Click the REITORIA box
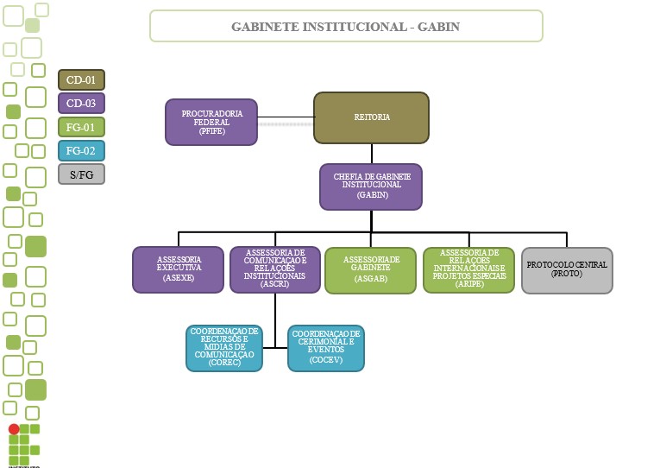point(371,117)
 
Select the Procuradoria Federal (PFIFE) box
point(211,122)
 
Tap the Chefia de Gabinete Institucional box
point(371,187)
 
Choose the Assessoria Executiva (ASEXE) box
point(178,269)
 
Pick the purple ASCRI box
point(274,269)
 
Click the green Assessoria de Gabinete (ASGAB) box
point(370,270)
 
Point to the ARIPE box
point(468,269)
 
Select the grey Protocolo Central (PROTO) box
point(567,270)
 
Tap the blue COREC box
point(224,348)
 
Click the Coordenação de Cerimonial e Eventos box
point(325,348)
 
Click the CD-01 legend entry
point(81,80)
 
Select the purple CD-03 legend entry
point(81,104)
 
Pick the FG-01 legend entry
point(81,127)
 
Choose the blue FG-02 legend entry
point(81,150)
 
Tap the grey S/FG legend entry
point(81,174)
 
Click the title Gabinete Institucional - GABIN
point(346,27)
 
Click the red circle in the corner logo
point(14,429)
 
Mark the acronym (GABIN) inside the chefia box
point(372,196)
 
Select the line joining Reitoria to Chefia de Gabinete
point(372,154)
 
